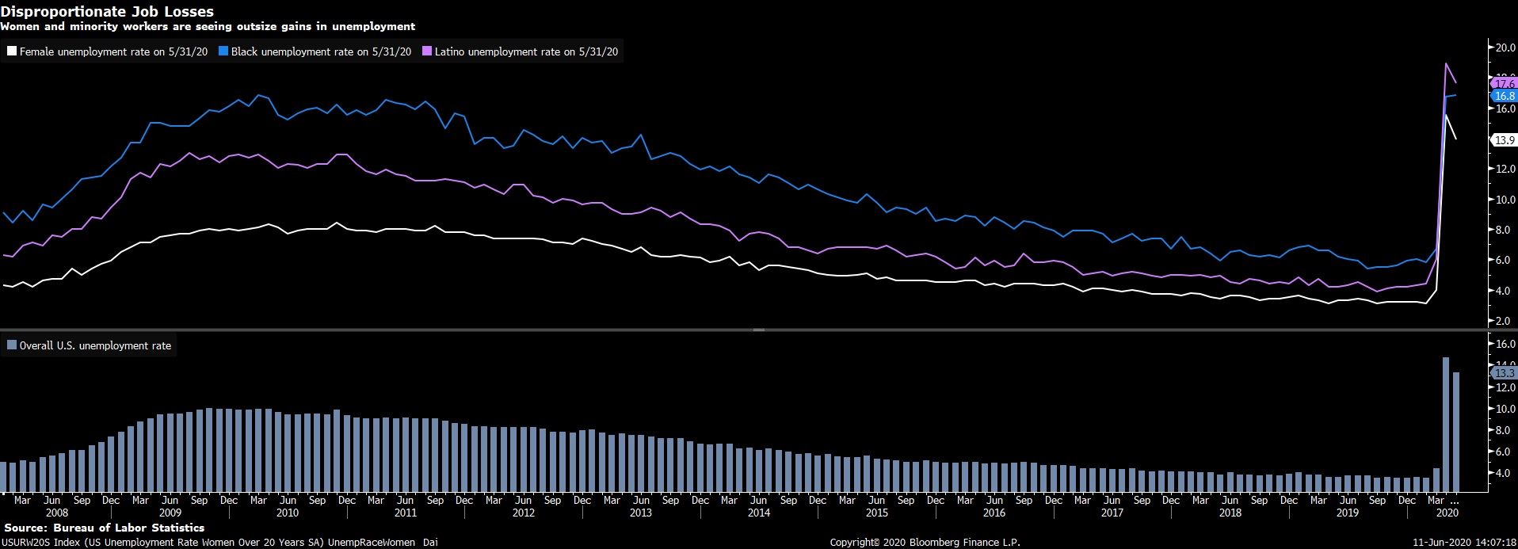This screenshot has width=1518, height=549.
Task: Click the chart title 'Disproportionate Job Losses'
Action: point(107,11)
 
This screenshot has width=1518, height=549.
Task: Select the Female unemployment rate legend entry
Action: point(108,51)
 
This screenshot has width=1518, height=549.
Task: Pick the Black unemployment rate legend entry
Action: point(315,51)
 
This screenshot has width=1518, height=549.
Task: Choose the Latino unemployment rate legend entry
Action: point(521,51)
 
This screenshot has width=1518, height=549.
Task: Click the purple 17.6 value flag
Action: point(1504,83)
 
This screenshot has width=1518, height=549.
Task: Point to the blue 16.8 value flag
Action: point(1504,96)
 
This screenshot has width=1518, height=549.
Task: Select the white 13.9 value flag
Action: point(1504,140)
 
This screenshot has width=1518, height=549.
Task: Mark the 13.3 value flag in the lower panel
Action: point(1504,373)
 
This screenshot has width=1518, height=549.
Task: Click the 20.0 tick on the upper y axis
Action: point(1505,48)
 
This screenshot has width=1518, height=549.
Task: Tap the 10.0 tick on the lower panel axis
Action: point(1505,409)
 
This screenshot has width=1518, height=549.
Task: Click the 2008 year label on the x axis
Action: point(57,513)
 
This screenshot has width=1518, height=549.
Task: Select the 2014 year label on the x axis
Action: point(759,513)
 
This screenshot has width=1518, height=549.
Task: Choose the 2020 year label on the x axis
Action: point(1447,513)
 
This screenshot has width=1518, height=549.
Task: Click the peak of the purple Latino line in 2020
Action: point(1447,63)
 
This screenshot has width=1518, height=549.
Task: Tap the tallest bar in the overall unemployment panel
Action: point(1446,424)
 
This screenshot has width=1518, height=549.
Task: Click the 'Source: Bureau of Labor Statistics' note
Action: point(105,528)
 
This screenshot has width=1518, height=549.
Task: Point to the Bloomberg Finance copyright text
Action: point(925,543)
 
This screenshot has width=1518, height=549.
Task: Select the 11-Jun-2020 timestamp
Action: point(1464,543)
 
